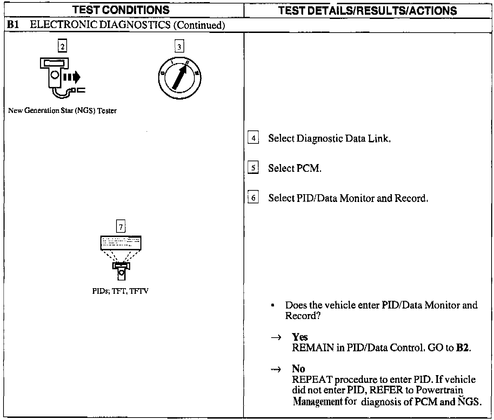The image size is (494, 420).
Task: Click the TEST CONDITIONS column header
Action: tap(121, 10)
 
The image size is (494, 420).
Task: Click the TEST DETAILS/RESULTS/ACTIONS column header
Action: tap(367, 11)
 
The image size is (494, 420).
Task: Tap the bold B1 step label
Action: tap(13, 25)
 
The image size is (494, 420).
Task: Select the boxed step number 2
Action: tap(62, 46)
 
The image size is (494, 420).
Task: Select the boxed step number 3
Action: tap(179, 47)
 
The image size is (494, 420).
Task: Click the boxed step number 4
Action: tap(253, 138)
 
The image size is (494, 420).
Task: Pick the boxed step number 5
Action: tap(253, 168)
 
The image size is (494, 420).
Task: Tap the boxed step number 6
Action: tap(253, 198)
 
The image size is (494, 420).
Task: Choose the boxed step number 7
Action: tap(121, 227)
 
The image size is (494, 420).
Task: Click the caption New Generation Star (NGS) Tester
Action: tap(62, 111)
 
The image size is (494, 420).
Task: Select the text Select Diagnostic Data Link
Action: tap(329, 138)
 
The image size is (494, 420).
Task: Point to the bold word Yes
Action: tap(300, 337)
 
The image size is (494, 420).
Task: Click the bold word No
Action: tap(298, 369)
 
